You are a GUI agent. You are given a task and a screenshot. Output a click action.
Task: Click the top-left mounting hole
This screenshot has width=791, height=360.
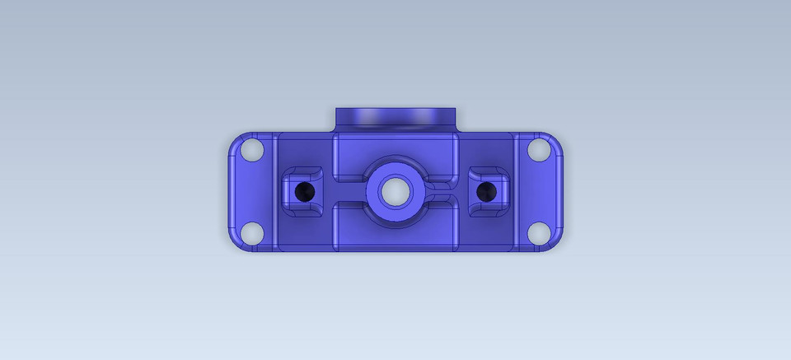253,151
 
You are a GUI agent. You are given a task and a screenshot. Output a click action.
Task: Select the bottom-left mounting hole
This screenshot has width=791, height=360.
253,233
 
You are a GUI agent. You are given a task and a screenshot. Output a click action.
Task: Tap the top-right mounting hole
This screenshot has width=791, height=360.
538,151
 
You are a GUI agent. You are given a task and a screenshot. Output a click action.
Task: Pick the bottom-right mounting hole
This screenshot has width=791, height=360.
538,233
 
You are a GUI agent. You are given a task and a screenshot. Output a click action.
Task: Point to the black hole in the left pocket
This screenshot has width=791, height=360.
305,192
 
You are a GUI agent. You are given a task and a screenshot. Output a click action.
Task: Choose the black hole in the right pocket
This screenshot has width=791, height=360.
487,192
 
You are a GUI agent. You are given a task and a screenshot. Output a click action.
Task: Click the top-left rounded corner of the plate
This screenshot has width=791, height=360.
234,140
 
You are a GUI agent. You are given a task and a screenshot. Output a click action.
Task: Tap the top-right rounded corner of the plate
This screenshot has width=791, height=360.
557,140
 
